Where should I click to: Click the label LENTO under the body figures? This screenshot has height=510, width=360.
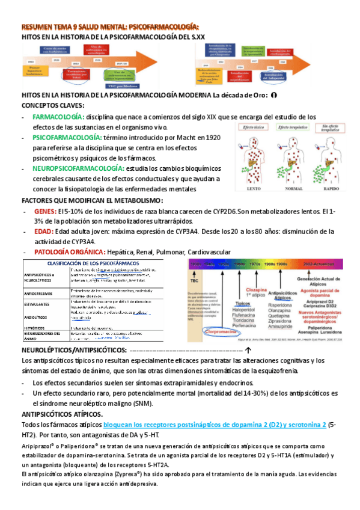[244, 187]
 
